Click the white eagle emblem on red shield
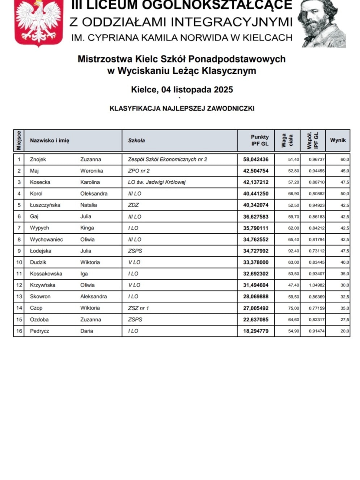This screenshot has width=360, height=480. coord(39,22)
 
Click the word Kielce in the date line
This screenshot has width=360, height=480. coord(144,90)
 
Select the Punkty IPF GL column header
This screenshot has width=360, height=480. coord(260,140)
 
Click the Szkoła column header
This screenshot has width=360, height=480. coord(136,140)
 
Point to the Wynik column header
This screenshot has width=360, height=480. coord(338,140)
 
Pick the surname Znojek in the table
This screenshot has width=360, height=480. coord(38,160)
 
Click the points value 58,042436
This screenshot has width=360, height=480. coord(256,160)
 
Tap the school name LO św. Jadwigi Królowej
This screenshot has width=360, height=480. coord(157,182)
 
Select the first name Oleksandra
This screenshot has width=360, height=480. coord(94,194)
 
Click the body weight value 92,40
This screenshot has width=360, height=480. coord(293,251)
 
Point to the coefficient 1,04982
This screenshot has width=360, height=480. coord(317,285)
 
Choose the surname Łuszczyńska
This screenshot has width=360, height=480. coord(45,205)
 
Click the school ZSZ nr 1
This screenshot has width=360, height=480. coord(138,308)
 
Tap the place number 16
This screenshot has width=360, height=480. coord(19,331)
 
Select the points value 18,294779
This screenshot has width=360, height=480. coord(256,331)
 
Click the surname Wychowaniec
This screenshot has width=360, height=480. coord(46,239)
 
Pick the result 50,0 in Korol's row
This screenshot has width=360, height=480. coord(344,194)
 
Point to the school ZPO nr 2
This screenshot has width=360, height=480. coord(139,171)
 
